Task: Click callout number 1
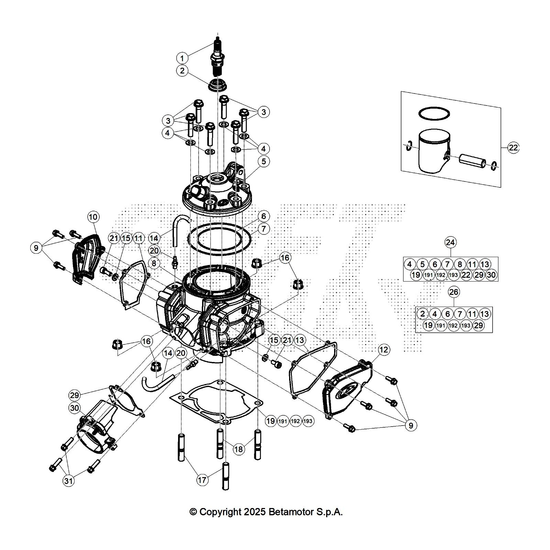(x=182, y=58)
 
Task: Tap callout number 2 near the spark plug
(x=182, y=71)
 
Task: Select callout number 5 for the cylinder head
(x=264, y=162)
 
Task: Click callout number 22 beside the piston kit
(x=513, y=148)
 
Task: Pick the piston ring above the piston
(x=434, y=113)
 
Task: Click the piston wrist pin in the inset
(x=473, y=161)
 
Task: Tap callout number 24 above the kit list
(x=450, y=242)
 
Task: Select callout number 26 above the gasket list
(x=454, y=292)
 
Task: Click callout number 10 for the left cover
(x=93, y=217)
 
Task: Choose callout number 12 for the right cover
(x=384, y=350)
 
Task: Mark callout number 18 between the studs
(x=239, y=449)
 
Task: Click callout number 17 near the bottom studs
(x=202, y=480)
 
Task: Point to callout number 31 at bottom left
(x=69, y=481)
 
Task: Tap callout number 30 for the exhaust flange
(x=75, y=408)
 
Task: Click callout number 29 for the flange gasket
(x=75, y=395)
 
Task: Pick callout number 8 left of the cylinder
(x=154, y=263)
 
